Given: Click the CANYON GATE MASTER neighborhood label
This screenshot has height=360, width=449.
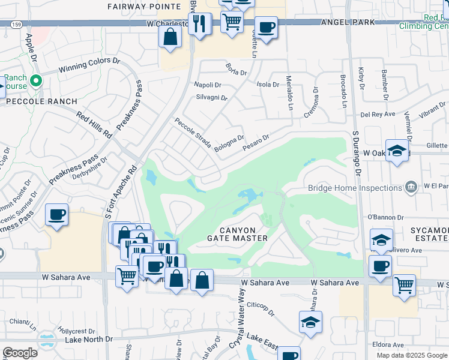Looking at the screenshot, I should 237,234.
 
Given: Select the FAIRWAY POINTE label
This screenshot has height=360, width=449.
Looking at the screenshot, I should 136,6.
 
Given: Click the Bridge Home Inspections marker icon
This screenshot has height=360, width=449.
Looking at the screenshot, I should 411,187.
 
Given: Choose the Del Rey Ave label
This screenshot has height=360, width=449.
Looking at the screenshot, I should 377,114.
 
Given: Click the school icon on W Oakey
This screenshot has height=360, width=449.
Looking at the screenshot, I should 397,151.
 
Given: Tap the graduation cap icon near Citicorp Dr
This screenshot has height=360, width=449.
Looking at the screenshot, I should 310,322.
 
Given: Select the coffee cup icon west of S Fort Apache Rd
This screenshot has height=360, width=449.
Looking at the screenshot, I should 56,214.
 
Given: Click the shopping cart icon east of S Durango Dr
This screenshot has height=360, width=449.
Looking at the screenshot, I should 404,284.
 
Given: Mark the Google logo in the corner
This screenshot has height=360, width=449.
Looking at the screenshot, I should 20,353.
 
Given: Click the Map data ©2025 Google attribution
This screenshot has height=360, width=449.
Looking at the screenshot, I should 412,355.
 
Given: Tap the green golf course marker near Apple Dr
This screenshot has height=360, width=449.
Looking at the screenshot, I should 35,79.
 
